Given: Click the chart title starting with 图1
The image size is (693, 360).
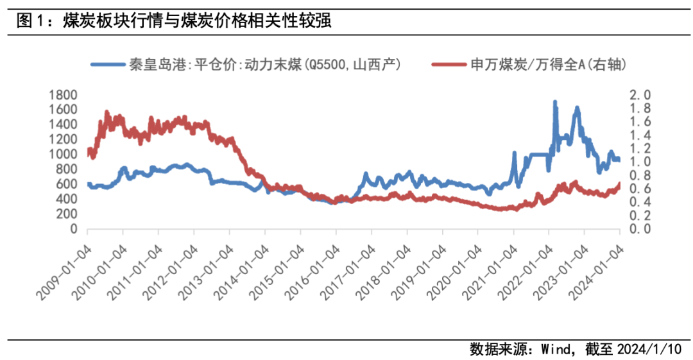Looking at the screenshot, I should coord(173,21).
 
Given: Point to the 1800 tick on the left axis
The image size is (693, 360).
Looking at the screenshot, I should coord(63,95).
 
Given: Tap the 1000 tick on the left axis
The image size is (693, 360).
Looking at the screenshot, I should coord(63,155).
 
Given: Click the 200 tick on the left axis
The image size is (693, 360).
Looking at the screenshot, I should coord(67,214).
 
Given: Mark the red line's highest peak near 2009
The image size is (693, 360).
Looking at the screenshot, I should coord(107,112).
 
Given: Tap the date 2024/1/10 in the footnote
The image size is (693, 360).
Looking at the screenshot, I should coord(648,350).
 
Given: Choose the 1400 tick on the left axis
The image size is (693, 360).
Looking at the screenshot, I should coord(63,124).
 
